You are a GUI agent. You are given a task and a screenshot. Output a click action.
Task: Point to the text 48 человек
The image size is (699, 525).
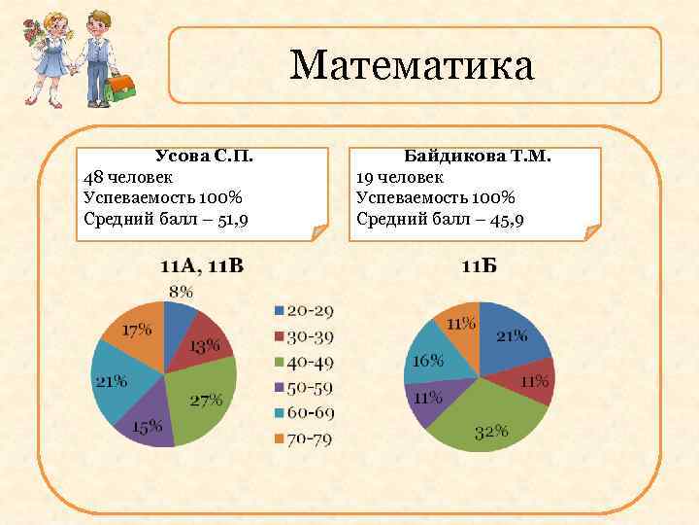click(x=129, y=177)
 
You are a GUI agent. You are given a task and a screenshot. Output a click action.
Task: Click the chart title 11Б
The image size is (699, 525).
click(x=478, y=266)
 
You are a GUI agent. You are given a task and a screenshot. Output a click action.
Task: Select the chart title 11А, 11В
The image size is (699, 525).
click(x=202, y=266)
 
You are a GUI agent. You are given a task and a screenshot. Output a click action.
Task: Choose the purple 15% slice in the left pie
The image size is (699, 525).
click(x=146, y=423)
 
